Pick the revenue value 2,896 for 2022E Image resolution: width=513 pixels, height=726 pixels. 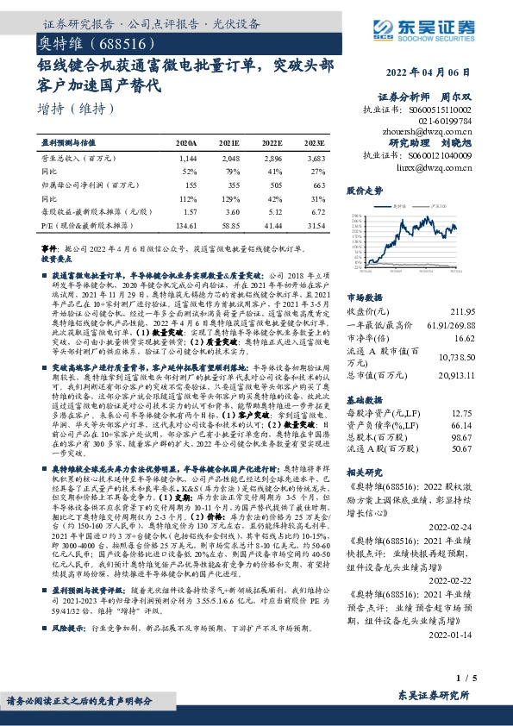(x=272, y=159)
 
